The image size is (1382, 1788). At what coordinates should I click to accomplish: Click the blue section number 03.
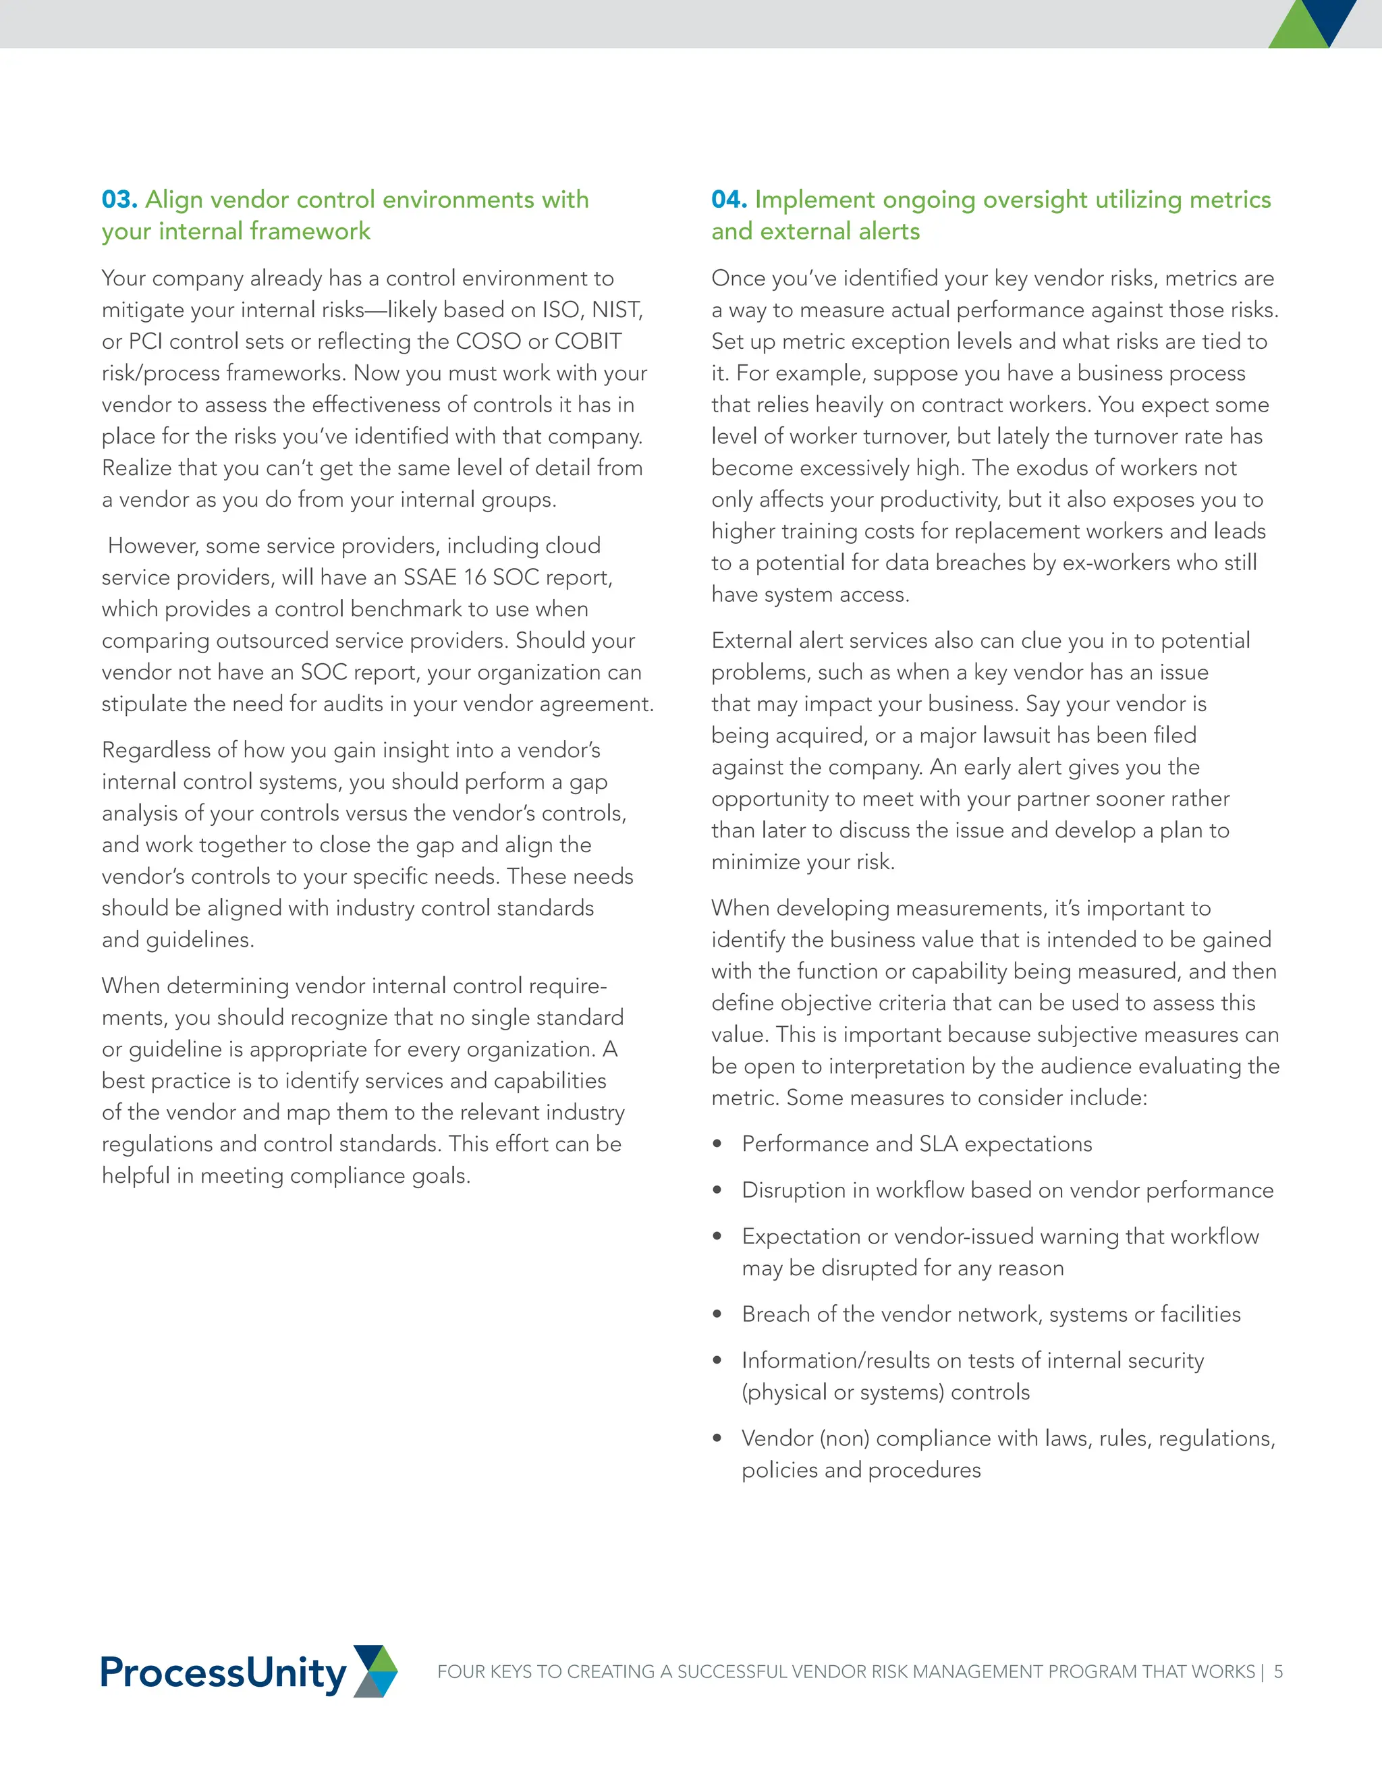[x=119, y=200]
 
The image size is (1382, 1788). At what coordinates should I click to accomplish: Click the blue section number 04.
[x=729, y=200]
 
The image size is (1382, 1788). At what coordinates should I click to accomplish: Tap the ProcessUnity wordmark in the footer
[x=223, y=1672]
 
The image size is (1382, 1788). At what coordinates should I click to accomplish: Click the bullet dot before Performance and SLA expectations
[x=717, y=1144]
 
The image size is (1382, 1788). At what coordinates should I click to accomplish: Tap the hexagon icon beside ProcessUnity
[x=375, y=1671]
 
